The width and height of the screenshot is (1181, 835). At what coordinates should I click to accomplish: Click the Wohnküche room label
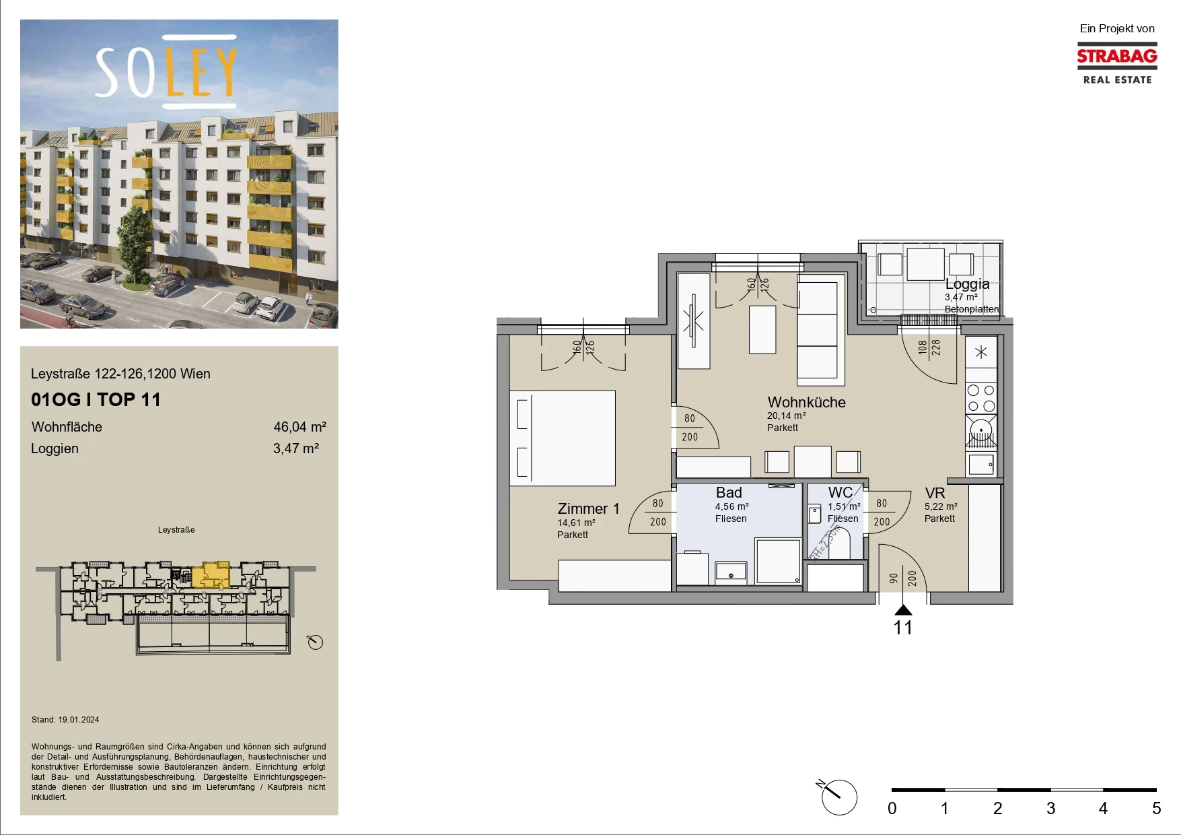tap(806, 402)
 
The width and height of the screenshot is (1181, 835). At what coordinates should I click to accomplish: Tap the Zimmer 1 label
tap(588, 508)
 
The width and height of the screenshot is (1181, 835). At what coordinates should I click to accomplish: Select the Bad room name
tap(729, 493)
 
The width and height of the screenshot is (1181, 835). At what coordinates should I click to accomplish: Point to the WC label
tap(840, 493)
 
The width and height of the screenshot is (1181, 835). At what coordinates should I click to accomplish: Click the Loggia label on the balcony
tap(967, 284)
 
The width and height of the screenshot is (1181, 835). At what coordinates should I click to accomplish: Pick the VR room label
tap(935, 494)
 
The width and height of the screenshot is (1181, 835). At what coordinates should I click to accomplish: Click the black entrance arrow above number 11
tap(903, 610)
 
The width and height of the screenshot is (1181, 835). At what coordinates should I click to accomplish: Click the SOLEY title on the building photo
tap(166, 72)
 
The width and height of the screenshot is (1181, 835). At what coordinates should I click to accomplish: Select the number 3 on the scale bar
tap(1050, 808)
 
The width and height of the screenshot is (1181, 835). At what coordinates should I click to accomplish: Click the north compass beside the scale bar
tap(838, 797)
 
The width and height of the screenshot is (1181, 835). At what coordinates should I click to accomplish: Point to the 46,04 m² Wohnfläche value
tap(299, 427)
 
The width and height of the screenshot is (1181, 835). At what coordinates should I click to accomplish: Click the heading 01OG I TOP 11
tap(96, 399)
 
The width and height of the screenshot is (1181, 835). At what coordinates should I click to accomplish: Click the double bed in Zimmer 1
tap(563, 438)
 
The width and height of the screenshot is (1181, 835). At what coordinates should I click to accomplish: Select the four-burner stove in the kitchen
tap(980, 398)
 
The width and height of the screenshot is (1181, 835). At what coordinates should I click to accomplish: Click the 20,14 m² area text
tap(786, 416)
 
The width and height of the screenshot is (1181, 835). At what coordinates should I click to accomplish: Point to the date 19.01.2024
tap(79, 720)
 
